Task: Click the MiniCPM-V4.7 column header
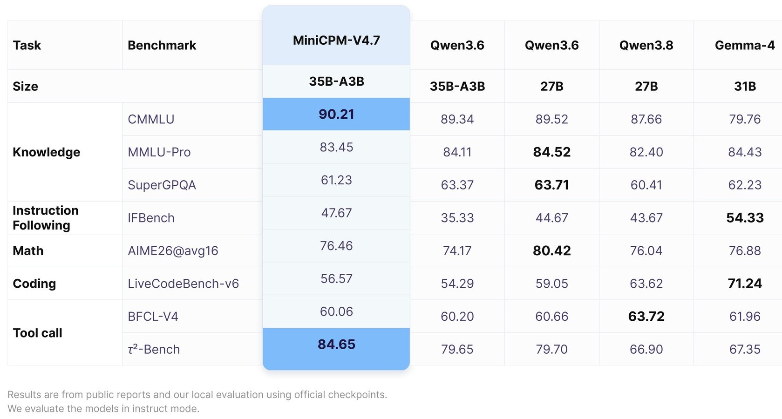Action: pyautogui.click(x=336, y=41)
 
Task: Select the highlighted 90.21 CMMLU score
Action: pyautogui.click(x=336, y=115)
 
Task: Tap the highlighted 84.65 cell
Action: pyautogui.click(x=336, y=345)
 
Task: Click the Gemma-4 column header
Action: pyautogui.click(x=745, y=45)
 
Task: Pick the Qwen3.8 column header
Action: pyautogui.click(x=646, y=45)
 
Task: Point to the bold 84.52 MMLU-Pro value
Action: pyautogui.click(x=551, y=152)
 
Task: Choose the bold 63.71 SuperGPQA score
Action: pyautogui.click(x=551, y=185)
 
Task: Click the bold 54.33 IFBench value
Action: pyautogui.click(x=745, y=218)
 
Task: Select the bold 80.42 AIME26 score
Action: pyautogui.click(x=551, y=250)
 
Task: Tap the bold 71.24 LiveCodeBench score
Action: pyautogui.click(x=745, y=283)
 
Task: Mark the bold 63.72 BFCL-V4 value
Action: pyautogui.click(x=646, y=317)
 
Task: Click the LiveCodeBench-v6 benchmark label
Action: pyautogui.click(x=184, y=284)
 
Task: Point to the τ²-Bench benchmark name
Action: pyautogui.click(x=154, y=349)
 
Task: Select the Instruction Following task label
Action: pyautogui.click(x=46, y=218)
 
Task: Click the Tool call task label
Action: pyautogui.click(x=37, y=333)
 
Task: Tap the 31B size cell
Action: pyautogui.click(x=745, y=86)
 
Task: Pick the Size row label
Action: pyautogui.click(x=25, y=86)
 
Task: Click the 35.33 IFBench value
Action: pyautogui.click(x=457, y=218)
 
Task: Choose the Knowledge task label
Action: pyautogui.click(x=47, y=152)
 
